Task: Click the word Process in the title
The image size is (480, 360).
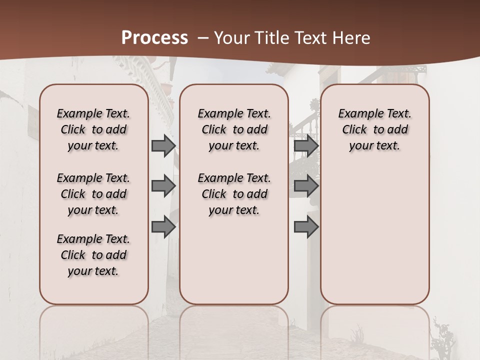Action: (154, 38)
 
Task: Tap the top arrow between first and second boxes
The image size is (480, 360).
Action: (163, 145)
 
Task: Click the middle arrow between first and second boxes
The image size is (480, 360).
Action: (163, 186)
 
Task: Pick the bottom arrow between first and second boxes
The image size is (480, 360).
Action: (163, 227)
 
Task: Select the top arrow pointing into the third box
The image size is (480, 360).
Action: (306, 145)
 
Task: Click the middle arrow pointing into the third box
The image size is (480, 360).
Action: (306, 186)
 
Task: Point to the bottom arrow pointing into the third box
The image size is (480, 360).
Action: (306, 227)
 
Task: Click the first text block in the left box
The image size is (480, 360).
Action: (93, 129)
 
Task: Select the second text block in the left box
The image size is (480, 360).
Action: (93, 194)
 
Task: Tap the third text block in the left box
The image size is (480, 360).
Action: (93, 255)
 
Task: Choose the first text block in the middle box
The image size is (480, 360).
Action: (234, 129)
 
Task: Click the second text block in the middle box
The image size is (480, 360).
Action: (234, 194)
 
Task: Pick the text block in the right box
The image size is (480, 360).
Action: (375, 129)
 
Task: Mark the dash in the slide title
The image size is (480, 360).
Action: (202, 38)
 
